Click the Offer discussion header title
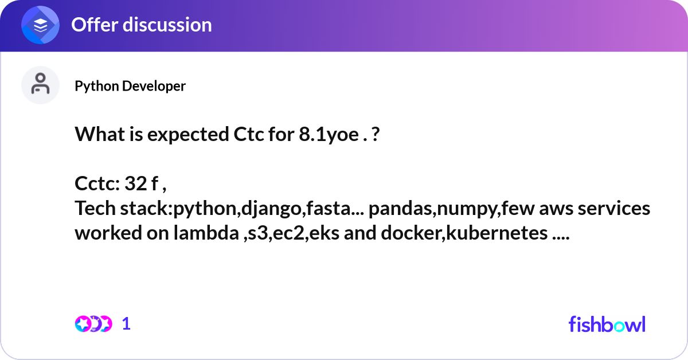point(141,25)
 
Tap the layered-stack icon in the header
point(41,25)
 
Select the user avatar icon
point(40,85)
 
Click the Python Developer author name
point(130,86)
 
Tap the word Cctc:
point(97,184)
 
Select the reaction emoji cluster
point(93,324)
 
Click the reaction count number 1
point(126,324)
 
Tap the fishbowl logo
point(607,324)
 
